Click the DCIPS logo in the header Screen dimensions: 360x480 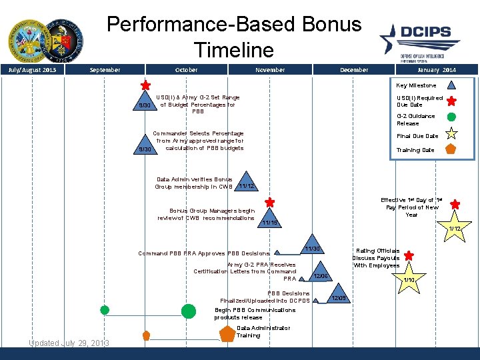point(421,39)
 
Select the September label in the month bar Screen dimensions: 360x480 point(105,70)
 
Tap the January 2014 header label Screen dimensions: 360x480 point(437,70)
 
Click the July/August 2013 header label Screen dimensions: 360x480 point(32,70)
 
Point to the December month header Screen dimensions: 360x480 point(353,70)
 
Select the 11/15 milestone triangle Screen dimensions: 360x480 point(269,219)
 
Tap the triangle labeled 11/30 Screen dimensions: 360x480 point(311,247)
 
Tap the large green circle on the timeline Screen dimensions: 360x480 point(189,311)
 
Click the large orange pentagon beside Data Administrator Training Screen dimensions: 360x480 point(227,333)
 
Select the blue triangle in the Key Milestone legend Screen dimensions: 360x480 point(451,85)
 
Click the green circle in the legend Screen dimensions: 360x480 point(451,118)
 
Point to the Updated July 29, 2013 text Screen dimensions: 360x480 point(69,343)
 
